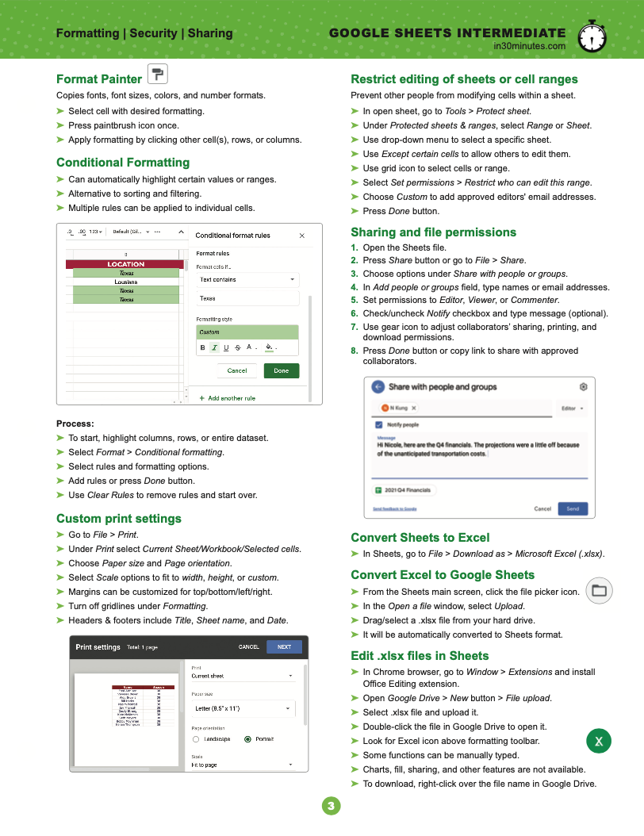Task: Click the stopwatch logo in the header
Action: (x=592, y=36)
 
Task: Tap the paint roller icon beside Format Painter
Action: (x=158, y=75)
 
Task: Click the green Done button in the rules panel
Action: (x=282, y=370)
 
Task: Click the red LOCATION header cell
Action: (x=126, y=264)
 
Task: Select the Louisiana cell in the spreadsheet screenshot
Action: (x=126, y=282)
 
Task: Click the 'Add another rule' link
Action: (x=231, y=398)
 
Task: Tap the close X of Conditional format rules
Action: (x=301, y=236)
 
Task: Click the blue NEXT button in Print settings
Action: (x=284, y=646)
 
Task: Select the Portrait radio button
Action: (x=248, y=739)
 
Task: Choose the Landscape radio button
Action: (x=196, y=739)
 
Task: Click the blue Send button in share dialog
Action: (x=573, y=508)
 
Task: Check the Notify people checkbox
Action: (x=379, y=425)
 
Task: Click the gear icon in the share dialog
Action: (x=584, y=387)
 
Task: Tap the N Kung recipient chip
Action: (x=399, y=408)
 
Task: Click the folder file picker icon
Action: (x=599, y=590)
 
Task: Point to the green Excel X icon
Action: (x=599, y=742)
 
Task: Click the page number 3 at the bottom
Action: (x=331, y=807)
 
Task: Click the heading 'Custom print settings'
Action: (x=119, y=519)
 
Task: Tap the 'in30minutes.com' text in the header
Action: (x=529, y=46)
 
